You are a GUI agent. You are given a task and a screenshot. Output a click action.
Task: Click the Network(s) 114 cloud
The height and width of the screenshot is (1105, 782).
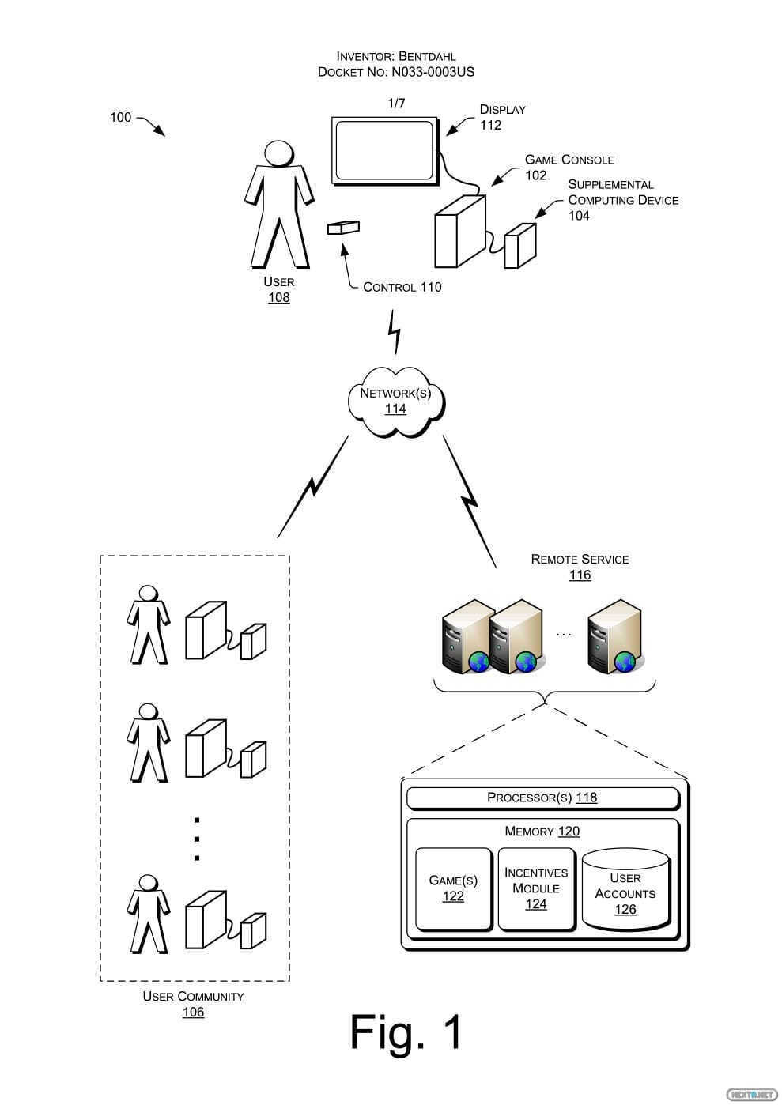[x=395, y=402]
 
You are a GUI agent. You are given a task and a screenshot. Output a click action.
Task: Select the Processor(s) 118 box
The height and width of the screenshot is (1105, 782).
[x=542, y=798]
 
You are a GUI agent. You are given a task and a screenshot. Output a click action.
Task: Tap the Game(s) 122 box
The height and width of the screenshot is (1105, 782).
[x=453, y=888]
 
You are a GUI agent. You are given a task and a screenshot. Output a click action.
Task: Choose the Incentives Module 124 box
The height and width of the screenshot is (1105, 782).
[x=536, y=888]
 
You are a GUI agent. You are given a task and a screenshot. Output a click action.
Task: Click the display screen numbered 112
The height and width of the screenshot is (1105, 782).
[x=385, y=150]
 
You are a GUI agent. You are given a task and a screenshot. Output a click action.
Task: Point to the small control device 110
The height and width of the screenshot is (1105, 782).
[x=343, y=228]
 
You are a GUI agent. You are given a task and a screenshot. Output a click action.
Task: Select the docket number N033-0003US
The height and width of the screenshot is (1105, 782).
[x=433, y=72]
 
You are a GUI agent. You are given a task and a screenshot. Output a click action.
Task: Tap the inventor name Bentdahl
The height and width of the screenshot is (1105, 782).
[x=427, y=56]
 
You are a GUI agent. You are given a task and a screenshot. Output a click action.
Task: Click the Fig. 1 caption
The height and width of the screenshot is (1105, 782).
[x=406, y=1031]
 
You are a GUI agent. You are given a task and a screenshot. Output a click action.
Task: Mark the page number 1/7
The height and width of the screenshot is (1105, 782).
[x=396, y=104]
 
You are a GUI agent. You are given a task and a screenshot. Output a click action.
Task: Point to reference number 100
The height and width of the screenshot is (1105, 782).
[x=120, y=117]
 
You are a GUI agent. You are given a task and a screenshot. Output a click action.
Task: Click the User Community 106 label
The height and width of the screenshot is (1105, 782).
[x=193, y=1004]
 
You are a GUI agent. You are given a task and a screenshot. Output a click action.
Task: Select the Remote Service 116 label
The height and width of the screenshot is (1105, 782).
[x=580, y=567]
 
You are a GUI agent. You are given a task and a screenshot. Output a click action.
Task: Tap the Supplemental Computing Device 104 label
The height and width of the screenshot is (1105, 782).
[x=622, y=199]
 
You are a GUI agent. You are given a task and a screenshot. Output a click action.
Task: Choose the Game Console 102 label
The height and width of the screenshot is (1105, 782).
[x=569, y=167]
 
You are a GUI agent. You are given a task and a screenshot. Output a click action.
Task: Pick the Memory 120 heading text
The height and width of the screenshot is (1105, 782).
[x=542, y=832]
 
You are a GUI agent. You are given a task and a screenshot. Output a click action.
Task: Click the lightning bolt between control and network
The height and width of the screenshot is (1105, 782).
[x=394, y=332]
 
